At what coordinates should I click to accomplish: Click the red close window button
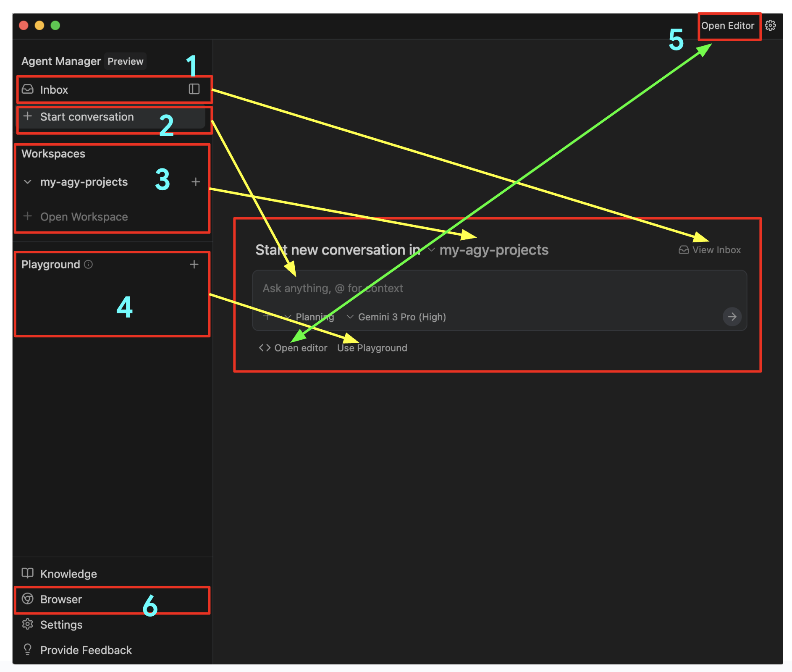pos(24,26)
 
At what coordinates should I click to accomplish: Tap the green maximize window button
pos(55,26)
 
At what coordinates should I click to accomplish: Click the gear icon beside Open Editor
pos(770,26)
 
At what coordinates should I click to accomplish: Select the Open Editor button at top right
pos(727,26)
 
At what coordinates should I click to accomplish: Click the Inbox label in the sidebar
pos(54,90)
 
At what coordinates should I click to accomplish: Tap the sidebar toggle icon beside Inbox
pos(194,89)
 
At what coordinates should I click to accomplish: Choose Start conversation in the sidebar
pos(87,117)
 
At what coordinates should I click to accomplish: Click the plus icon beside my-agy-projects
pos(196,182)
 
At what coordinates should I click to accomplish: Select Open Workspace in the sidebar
pos(84,217)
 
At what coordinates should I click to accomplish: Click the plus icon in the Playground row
pos(194,265)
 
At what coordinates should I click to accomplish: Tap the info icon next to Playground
pos(88,265)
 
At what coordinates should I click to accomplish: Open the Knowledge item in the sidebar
pos(68,574)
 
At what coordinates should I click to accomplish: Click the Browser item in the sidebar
pos(61,599)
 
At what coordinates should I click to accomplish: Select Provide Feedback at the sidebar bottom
pos(86,650)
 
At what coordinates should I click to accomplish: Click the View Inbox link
pos(716,250)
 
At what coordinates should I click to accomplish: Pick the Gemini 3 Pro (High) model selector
pos(401,317)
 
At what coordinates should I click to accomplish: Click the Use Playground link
pos(372,348)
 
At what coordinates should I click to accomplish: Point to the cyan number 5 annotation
pos(676,40)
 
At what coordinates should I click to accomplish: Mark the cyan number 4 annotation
pos(124,307)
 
